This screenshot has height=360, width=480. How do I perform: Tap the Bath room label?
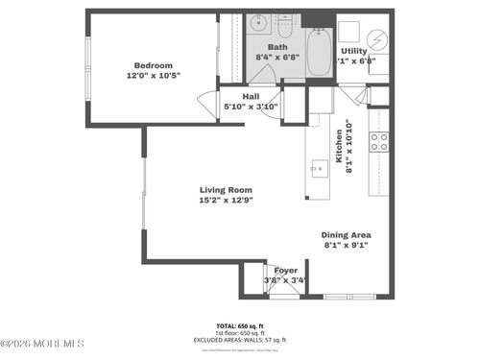pyautogui.click(x=277, y=46)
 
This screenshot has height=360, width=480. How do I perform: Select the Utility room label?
pyautogui.click(x=353, y=51)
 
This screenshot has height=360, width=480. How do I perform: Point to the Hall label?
pyautogui.click(x=252, y=97)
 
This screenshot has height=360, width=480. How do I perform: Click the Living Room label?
pyautogui.click(x=226, y=189)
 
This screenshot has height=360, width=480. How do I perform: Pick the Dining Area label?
pyautogui.click(x=347, y=234)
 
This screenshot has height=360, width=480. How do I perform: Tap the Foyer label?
pyautogui.click(x=285, y=271)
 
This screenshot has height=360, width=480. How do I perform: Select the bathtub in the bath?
pyautogui.click(x=317, y=45)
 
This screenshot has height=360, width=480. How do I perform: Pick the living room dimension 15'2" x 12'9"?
pyautogui.click(x=226, y=200)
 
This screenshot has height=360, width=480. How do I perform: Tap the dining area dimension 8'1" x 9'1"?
pyautogui.click(x=347, y=245)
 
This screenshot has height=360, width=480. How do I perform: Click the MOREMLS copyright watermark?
pyautogui.click(x=42, y=343)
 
